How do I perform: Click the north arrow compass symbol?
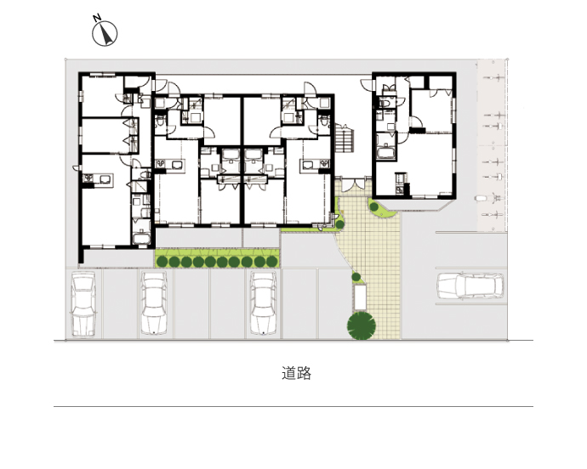105,34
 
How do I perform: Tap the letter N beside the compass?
97,17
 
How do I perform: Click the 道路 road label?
297,373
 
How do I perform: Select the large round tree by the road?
362,325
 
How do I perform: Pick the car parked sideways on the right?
470,286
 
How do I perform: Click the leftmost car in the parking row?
83,303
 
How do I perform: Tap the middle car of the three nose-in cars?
153,303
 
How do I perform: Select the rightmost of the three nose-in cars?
263,303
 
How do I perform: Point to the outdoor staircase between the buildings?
345,138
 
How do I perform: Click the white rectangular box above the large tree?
360,297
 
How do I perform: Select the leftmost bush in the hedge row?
162,262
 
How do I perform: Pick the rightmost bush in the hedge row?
271,262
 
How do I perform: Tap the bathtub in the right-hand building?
386,152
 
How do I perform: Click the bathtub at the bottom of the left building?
141,239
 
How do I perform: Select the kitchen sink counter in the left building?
98,178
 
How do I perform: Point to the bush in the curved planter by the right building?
373,206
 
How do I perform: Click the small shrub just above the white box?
356,278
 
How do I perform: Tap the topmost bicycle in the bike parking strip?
495,78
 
